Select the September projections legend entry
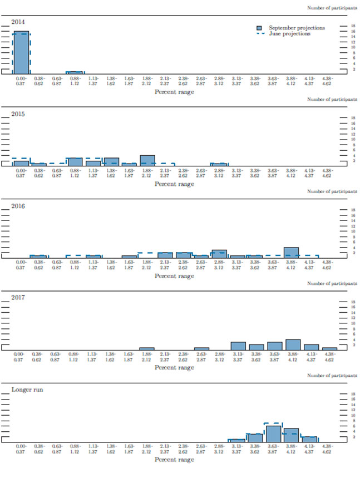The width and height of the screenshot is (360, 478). (x=297, y=28)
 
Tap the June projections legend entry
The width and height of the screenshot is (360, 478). (x=289, y=34)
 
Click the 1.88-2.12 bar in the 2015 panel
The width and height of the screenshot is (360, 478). (x=147, y=160)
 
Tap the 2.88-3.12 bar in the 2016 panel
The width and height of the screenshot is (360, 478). (x=219, y=254)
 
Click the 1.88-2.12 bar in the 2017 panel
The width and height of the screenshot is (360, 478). (x=147, y=348)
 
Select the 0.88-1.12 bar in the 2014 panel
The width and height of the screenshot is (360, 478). (x=75, y=72)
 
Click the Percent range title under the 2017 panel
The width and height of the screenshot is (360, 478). (x=174, y=368)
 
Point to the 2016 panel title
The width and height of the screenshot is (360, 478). (x=18, y=205)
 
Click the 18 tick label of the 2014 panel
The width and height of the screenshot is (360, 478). (x=352, y=26)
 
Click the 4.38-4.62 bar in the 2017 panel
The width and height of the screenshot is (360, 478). (x=329, y=348)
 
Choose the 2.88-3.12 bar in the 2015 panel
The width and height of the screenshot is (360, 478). (x=219, y=164)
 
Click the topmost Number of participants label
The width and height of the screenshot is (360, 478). (x=332, y=8)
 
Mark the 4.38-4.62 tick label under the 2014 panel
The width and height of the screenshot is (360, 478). (x=329, y=81)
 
